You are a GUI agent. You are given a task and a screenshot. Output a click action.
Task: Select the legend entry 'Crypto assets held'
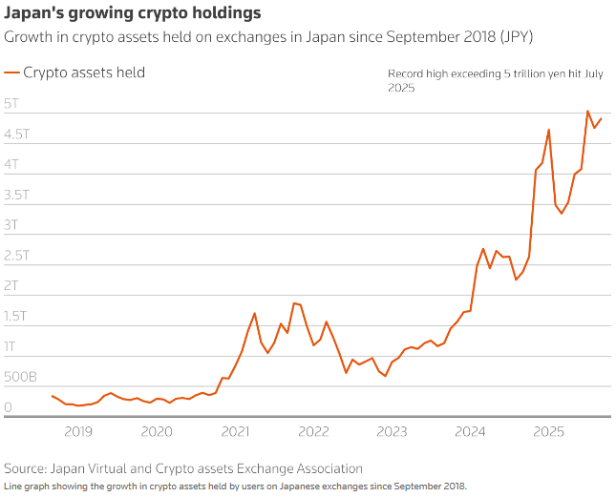tap(83, 72)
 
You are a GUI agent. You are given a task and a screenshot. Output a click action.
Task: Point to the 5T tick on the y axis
tap(12, 103)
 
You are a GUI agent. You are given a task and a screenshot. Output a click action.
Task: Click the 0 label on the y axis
tap(9, 408)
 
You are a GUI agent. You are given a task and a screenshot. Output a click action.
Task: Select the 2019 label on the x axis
tap(78, 432)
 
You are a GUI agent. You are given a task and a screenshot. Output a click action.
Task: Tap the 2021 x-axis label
tap(235, 432)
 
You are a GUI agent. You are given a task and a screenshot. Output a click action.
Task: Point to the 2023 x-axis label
tap(393, 432)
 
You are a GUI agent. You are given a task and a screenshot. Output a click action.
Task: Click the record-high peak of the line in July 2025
tap(587, 112)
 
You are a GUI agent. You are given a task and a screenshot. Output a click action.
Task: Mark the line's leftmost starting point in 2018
tap(52, 395)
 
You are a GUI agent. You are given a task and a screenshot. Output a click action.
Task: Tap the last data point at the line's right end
tap(601, 118)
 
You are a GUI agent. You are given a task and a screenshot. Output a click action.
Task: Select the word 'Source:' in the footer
tap(27, 468)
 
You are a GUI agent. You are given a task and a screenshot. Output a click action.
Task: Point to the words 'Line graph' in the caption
tap(27, 486)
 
